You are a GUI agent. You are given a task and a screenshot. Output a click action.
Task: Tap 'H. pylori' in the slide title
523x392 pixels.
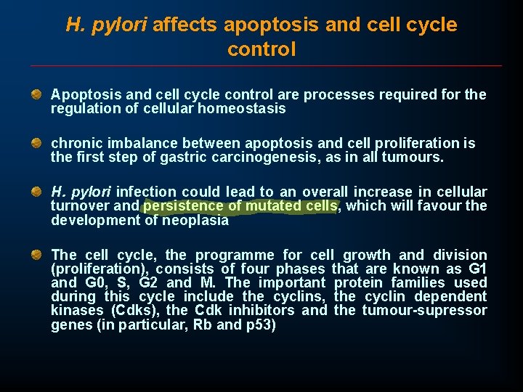tap(106, 25)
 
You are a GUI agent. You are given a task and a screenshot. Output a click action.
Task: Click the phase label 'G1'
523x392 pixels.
tap(477, 269)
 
